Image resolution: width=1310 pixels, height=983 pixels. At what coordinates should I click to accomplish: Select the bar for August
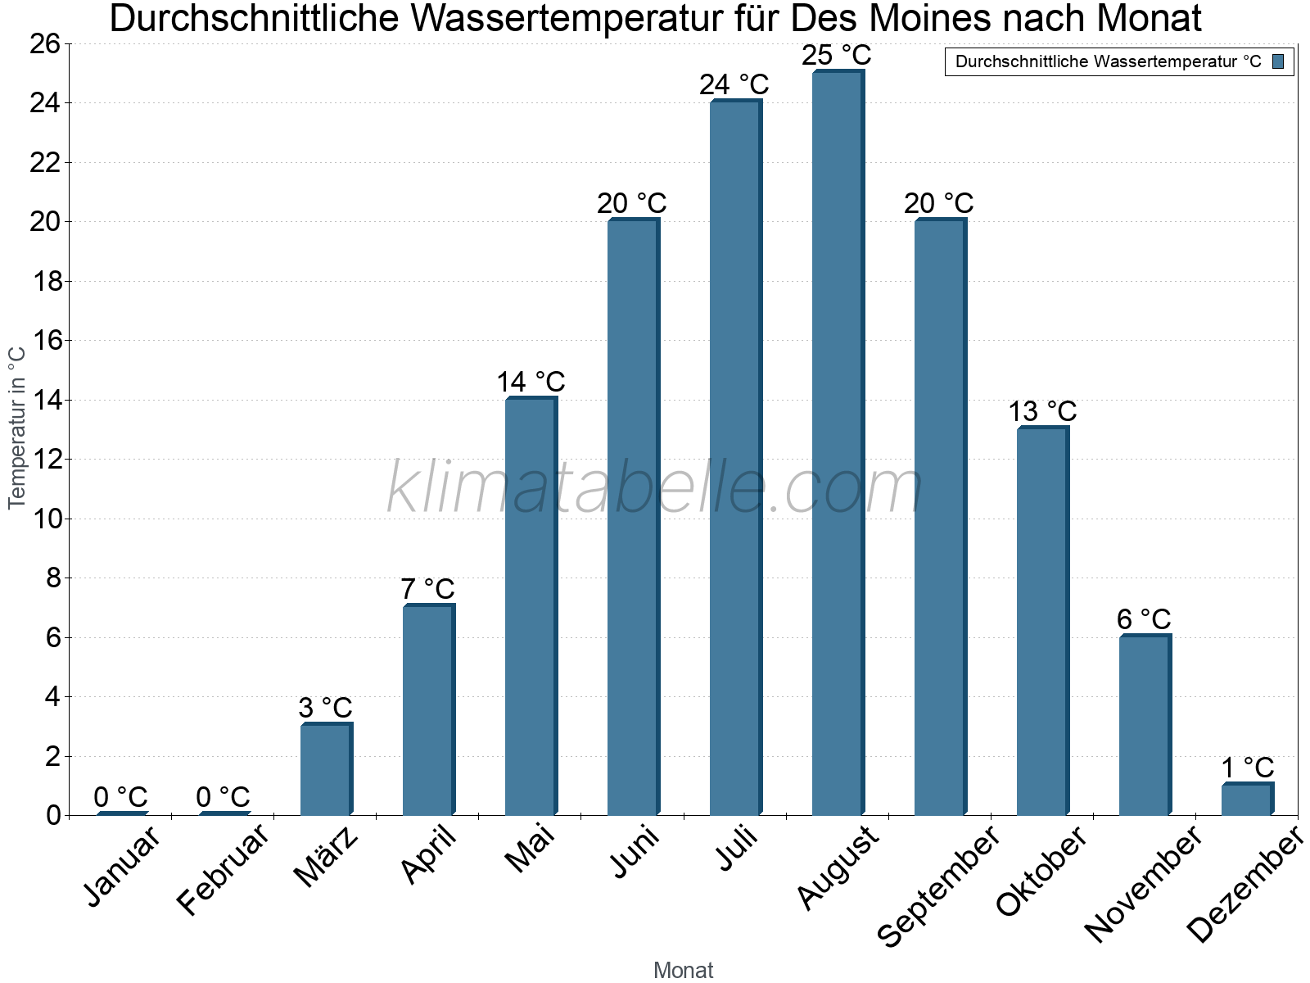click(x=837, y=442)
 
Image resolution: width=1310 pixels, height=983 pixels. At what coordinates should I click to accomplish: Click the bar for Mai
click(x=530, y=606)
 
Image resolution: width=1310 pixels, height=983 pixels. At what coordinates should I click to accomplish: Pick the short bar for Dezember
click(x=1246, y=800)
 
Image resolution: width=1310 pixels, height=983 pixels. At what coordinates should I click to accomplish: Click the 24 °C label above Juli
click(x=734, y=84)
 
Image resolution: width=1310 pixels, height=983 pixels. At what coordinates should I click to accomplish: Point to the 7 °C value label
click(x=427, y=589)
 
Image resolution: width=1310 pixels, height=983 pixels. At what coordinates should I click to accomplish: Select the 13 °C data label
click(x=1041, y=410)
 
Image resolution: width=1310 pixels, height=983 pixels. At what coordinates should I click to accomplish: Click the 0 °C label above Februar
click(x=223, y=797)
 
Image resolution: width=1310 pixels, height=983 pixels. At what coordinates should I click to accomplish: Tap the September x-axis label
click(x=937, y=885)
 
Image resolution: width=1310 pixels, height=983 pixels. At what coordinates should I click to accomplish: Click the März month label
click(x=326, y=857)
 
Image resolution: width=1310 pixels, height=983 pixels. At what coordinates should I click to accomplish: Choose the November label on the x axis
click(x=1143, y=883)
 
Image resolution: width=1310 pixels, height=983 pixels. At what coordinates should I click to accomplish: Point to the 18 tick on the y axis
click(x=47, y=281)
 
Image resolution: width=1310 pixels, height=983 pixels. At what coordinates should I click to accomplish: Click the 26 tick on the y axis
click(x=47, y=43)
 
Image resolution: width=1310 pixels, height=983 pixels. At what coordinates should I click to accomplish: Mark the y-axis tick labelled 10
click(x=47, y=519)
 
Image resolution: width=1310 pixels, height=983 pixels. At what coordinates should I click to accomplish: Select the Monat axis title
click(x=683, y=970)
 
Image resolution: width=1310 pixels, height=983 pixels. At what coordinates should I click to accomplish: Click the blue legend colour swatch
click(x=1278, y=61)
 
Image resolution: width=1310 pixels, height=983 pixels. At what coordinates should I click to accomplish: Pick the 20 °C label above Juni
click(x=631, y=203)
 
